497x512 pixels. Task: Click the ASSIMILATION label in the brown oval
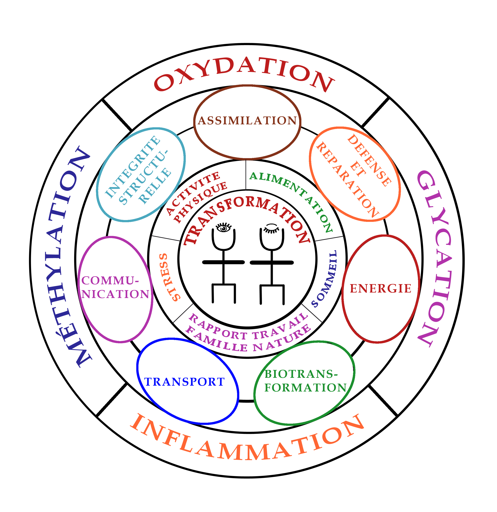247,121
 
